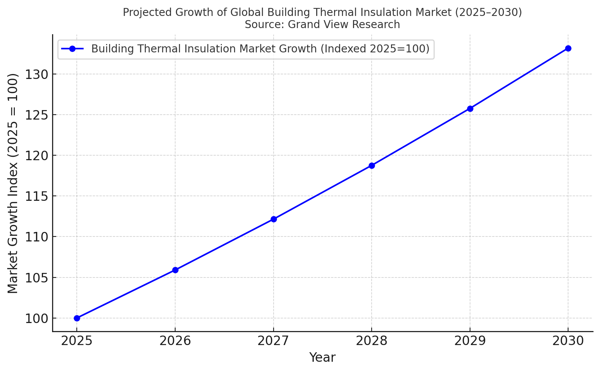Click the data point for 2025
click(x=77, y=318)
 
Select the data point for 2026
click(x=175, y=270)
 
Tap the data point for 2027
click(x=274, y=219)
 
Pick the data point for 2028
click(x=372, y=166)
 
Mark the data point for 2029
click(x=470, y=109)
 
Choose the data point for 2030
click(x=568, y=48)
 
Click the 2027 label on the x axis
click(x=274, y=341)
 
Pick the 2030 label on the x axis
click(x=568, y=341)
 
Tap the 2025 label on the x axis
click(x=77, y=341)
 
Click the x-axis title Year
click(x=322, y=358)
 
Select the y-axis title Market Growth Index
click(x=13, y=183)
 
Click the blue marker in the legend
click(x=72, y=49)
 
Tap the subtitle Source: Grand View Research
click(x=322, y=25)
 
